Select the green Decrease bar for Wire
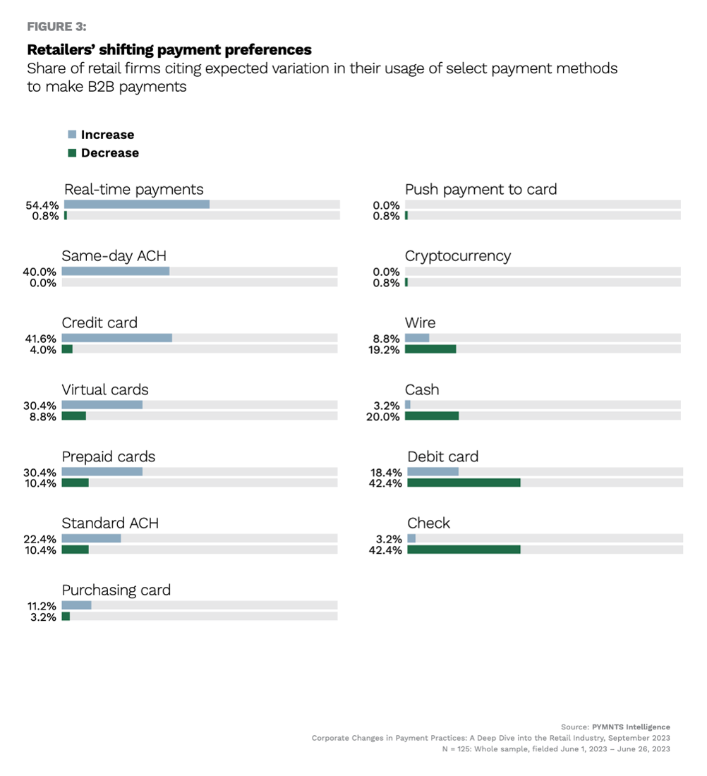click(x=430, y=349)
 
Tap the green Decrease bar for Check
click(x=464, y=550)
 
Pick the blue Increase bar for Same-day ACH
click(x=116, y=271)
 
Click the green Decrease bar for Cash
click(x=432, y=416)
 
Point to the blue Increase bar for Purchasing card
click(x=76, y=605)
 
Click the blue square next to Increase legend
click(x=72, y=134)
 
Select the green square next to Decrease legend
click(x=72, y=153)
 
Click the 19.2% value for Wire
click(x=386, y=350)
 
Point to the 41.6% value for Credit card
click(x=41, y=339)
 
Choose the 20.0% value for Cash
click(x=386, y=417)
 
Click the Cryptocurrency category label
click(x=458, y=256)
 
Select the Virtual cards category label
click(x=105, y=389)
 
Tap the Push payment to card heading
click(x=481, y=189)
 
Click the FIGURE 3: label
click(x=56, y=27)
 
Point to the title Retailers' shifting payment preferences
click(x=169, y=50)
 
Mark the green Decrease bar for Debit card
click(x=464, y=483)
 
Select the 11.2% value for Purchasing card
click(x=41, y=606)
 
